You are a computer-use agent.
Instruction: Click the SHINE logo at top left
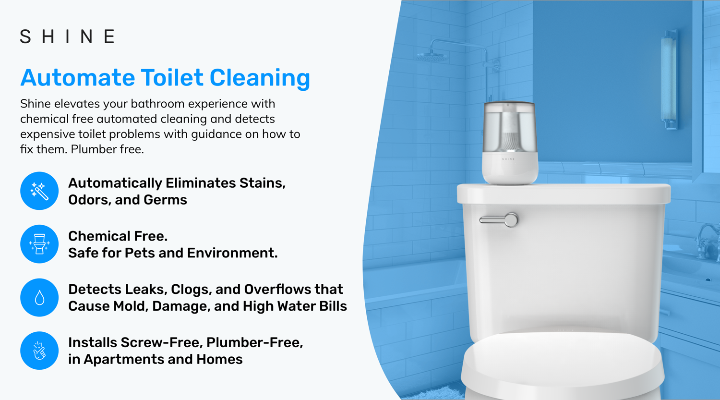click(67, 36)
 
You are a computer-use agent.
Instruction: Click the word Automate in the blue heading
click(77, 78)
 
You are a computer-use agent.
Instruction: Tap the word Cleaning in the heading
click(260, 78)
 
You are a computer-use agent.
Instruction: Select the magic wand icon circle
click(39, 191)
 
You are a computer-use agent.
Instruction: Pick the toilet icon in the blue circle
click(39, 244)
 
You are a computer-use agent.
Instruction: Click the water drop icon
click(39, 298)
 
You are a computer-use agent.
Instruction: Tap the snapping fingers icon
click(39, 351)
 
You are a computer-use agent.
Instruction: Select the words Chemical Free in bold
click(118, 236)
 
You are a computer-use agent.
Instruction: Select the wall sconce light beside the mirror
click(669, 79)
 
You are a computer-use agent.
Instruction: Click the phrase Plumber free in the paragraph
click(107, 149)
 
